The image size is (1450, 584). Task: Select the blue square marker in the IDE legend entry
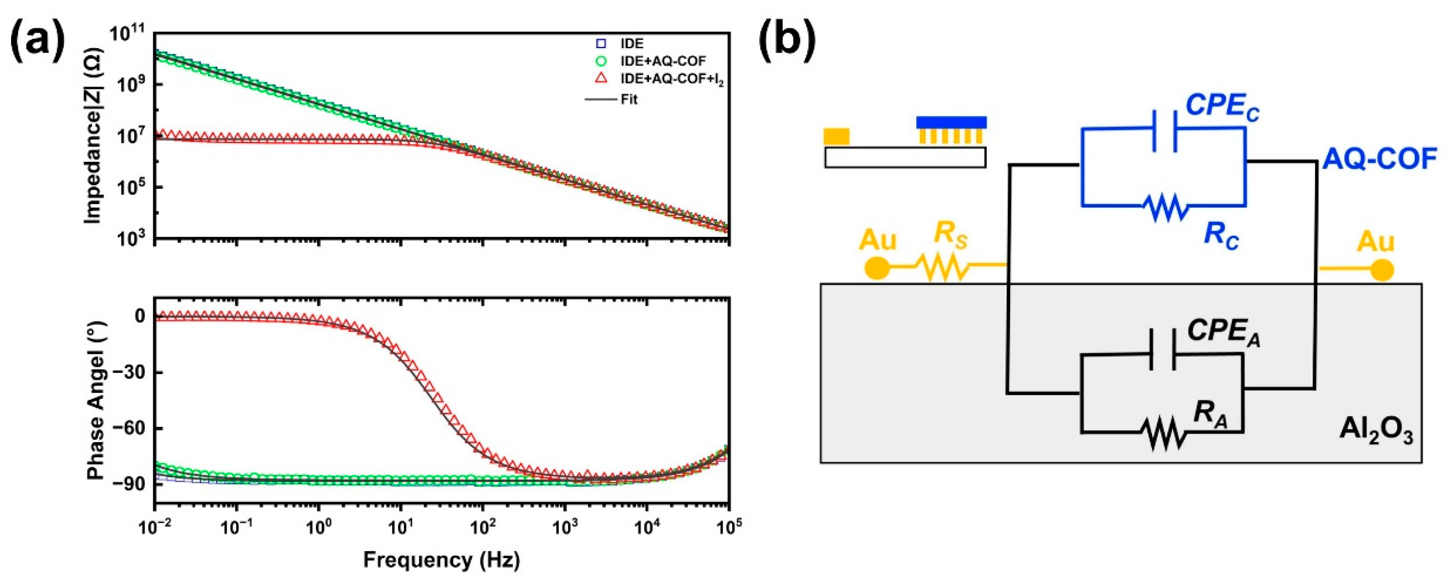click(x=602, y=43)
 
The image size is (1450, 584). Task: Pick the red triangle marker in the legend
click(x=602, y=78)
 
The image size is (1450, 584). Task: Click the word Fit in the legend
click(x=629, y=99)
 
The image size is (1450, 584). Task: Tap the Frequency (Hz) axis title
click(x=441, y=560)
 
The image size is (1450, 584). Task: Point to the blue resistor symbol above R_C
click(x=1166, y=206)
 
